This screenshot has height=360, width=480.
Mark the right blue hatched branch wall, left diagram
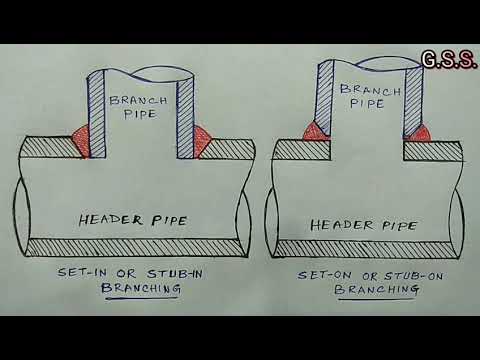(x=186, y=115)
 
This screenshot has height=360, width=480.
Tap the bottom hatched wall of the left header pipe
(x=135, y=246)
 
